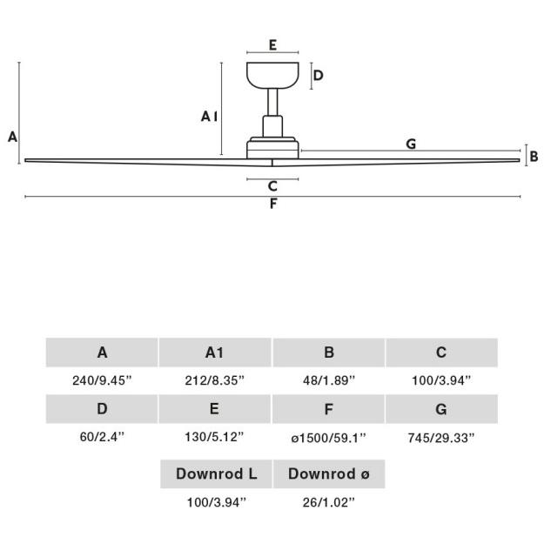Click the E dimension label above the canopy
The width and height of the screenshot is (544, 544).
tap(272, 45)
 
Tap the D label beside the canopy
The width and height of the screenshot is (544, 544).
tap(319, 75)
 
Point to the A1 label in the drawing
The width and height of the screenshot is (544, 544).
tap(210, 117)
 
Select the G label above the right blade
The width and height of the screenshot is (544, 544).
tap(411, 144)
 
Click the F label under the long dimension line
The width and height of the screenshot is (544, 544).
tap(273, 204)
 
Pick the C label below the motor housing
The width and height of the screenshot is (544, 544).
tap(272, 186)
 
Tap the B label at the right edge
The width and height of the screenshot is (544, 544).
tap(534, 157)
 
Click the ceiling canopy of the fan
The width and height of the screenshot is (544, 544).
tap(272, 75)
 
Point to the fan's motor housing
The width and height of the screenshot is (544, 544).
tap(272, 149)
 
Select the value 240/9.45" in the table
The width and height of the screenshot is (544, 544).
tap(103, 380)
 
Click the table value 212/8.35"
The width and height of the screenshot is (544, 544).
tap(215, 380)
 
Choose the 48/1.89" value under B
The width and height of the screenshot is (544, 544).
tap(329, 380)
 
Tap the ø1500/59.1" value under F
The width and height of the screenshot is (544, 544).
tap(328, 438)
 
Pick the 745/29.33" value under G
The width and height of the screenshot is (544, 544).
tap(441, 438)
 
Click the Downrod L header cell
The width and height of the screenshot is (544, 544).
tap(216, 473)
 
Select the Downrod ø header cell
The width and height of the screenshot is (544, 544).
tap(329, 473)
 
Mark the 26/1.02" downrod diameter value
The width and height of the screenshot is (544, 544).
tap(329, 502)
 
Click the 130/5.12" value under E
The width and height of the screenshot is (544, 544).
tap(214, 437)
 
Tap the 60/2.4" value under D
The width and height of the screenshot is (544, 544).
tap(102, 437)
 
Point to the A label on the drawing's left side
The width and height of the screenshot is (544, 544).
tap(12, 137)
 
